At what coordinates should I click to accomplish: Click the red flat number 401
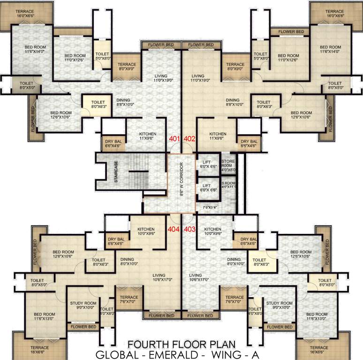click(x=174, y=139)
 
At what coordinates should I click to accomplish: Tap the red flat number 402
click(x=189, y=139)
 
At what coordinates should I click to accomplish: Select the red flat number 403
click(x=189, y=229)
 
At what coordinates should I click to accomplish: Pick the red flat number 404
click(x=174, y=229)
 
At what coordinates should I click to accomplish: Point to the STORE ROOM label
click(x=228, y=165)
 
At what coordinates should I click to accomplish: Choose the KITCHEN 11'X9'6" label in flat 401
click(x=148, y=136)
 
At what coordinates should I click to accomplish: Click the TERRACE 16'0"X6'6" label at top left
click(x=25, y=14)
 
